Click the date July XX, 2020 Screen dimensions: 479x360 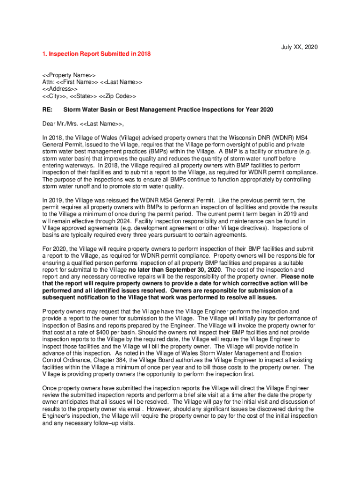299,47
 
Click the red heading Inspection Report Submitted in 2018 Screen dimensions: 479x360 97,54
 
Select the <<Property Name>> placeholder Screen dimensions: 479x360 69,75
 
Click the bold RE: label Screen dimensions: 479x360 48,109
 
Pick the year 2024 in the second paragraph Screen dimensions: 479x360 108,221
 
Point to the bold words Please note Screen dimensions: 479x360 297,276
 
